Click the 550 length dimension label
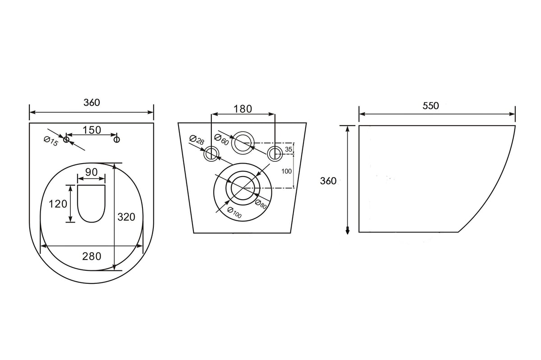pos(431,106)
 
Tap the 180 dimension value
pos(243,109)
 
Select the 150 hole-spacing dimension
pos(92,130)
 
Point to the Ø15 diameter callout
pos(51,141)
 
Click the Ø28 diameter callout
pos(197,140)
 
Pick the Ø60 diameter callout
pos(221,140)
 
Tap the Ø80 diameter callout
pos(261,204)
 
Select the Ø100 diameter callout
pos(234,213)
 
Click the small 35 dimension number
pos(289,149)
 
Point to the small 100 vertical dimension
pos(286,171)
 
